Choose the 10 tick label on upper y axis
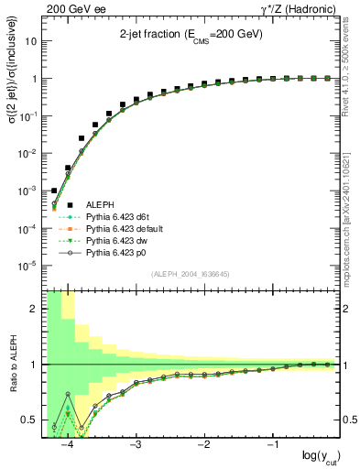tap(31, 41)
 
